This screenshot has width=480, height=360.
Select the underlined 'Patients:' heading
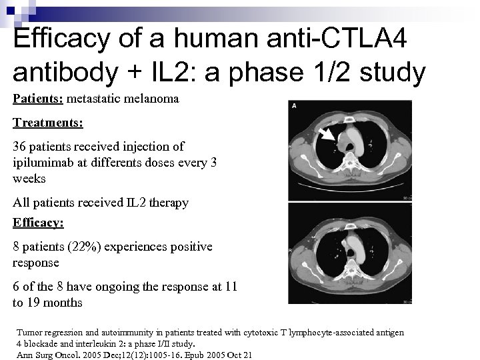tap(36, 98)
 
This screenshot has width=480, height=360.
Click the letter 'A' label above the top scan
tap(294, 105)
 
